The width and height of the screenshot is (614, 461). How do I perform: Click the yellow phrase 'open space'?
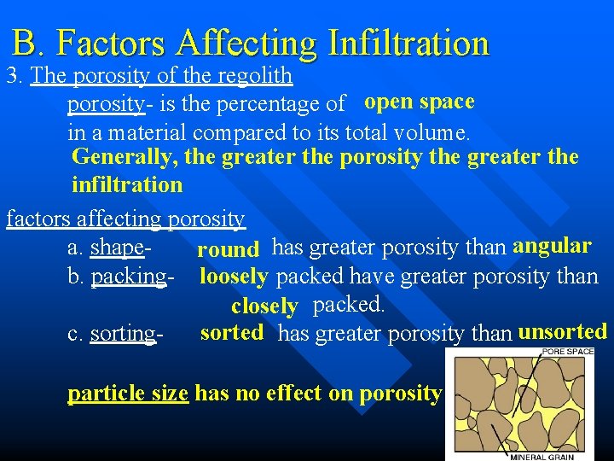(419, 102)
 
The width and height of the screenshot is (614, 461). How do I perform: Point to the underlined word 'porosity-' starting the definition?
(105, 105)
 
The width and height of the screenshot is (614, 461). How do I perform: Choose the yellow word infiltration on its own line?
(127, 184)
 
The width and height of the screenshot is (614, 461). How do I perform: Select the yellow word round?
(228, 249)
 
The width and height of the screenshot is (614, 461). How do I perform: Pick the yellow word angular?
(552, 246)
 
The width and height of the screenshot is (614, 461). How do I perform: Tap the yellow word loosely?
(234, 277)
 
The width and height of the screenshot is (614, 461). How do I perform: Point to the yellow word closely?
(264, 306)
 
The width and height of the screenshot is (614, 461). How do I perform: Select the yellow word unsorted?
(562, 331)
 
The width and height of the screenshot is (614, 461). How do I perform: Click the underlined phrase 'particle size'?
(128, 394)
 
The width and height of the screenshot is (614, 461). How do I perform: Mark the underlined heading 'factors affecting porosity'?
(126, 219)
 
